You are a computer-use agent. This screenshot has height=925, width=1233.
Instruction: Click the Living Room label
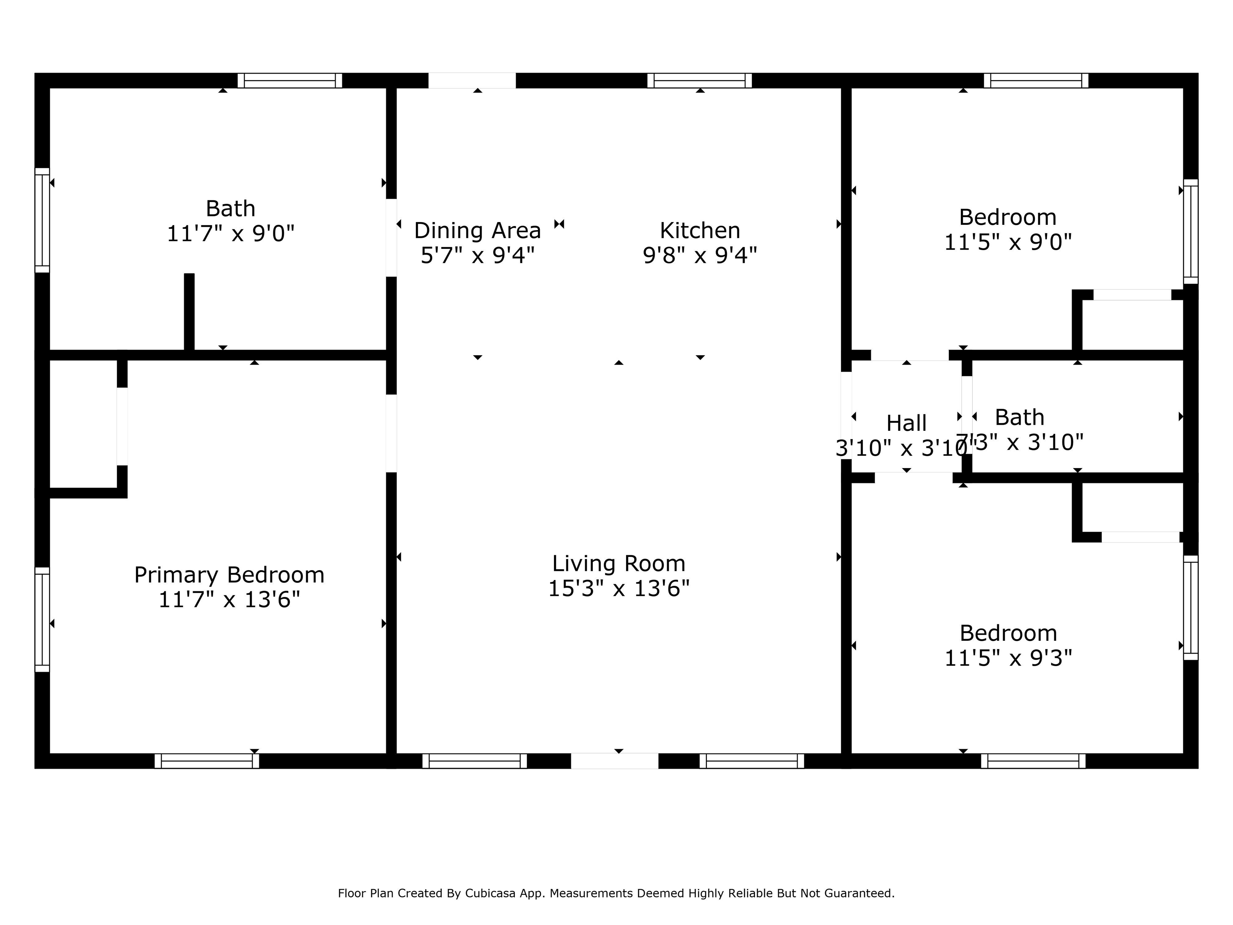pos(619,564)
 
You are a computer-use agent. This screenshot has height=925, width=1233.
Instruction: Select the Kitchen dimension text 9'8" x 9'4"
pos(700,255)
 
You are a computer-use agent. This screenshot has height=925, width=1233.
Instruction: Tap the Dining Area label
pos(477,230)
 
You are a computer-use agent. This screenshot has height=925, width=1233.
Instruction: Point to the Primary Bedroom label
pos(229,575)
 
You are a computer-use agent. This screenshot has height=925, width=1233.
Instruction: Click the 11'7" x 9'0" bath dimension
pos(230,233)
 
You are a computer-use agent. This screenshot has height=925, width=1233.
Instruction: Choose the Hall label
pos(906,423)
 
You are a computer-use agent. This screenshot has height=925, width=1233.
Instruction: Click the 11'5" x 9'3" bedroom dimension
pos(1008,658)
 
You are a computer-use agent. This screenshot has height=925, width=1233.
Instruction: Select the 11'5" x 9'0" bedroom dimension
pos(1008,242)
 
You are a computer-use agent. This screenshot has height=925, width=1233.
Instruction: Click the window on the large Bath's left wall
pos(43,220)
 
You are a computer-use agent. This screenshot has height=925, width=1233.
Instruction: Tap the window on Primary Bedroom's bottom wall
pos(207,761)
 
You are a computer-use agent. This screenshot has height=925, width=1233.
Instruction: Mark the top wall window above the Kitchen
pos(699,81)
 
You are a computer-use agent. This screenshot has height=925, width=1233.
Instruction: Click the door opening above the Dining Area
pos(472,81)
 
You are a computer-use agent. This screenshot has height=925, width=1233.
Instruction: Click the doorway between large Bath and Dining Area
pos(391,238)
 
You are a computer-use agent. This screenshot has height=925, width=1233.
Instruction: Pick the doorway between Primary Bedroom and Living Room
pos(391,433)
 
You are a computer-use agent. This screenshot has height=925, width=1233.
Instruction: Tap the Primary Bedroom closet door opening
pos(122,426)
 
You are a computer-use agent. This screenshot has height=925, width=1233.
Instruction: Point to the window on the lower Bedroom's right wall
pos(1190,608)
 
